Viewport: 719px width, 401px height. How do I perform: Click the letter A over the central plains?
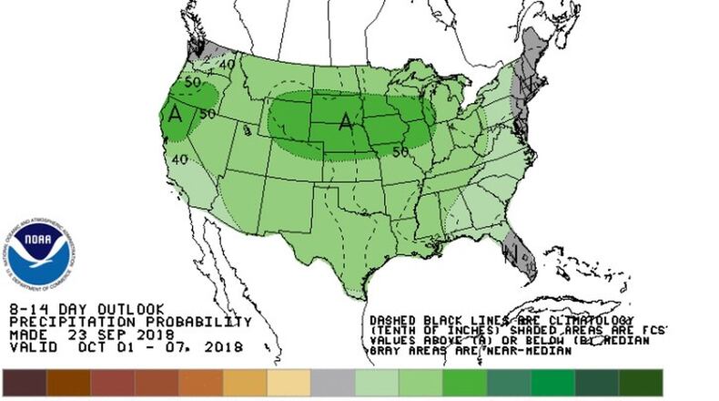345,120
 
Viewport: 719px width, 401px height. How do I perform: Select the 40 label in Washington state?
226,64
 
